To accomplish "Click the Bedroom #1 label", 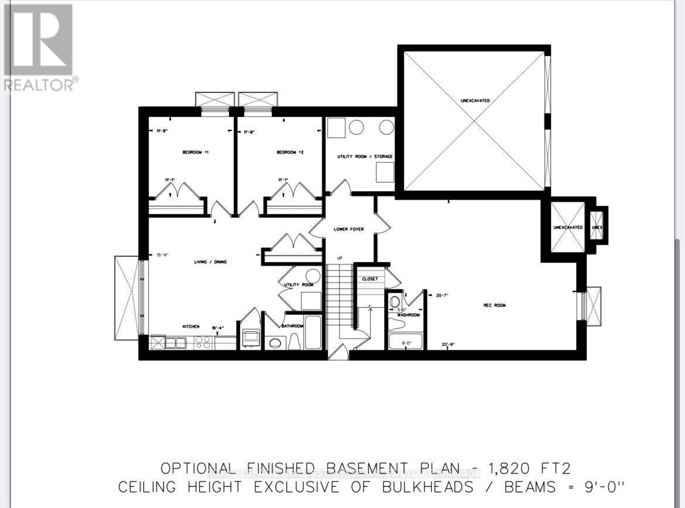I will tap(196, 152).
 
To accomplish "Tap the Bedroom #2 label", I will tap(290, 152).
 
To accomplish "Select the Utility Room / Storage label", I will tap(364, 157).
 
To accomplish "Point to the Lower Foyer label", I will tap(348, 229).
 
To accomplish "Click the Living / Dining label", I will tap(210, 262).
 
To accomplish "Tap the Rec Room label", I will tap(494, 305).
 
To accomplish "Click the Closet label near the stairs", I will tap(369, 279).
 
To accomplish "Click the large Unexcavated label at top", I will tap(475, 101).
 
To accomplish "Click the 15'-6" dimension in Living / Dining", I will tap(162, 255).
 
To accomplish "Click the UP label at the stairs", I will tap(339, 258).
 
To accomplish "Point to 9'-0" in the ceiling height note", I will tap(604, 486).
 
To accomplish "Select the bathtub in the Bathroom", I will tap(313, 332).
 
